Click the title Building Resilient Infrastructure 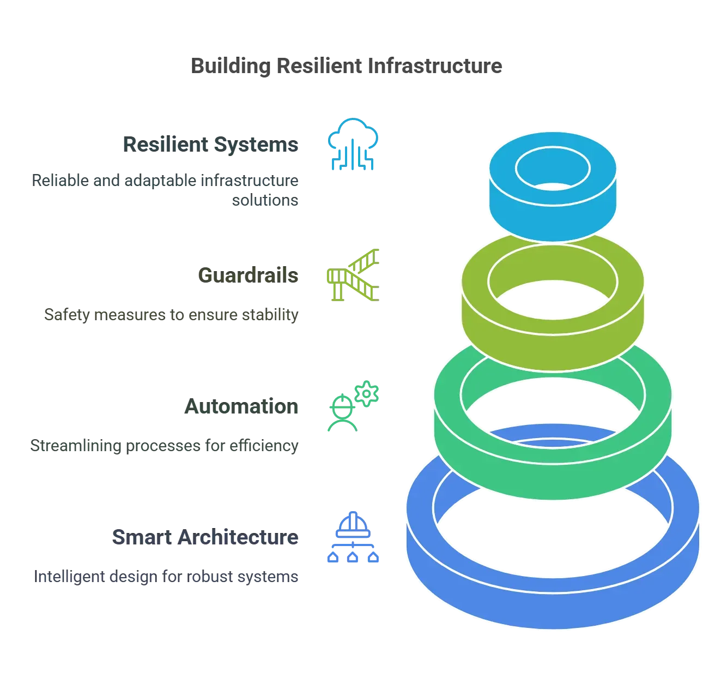click(x=349, y=67)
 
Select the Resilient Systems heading click(x=211, y=145)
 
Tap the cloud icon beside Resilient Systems click(x=353, y=143)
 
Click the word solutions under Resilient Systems click(x=266, y=202)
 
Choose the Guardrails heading click(x=248, y=275)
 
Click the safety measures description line click(x=172, y=315)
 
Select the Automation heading click(x=242, y=407)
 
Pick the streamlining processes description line click(x=165, y=446)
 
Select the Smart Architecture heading click(x=204, y=538)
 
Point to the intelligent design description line click(x=167, y=577)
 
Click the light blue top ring click(x=553, y=213)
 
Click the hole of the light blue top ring click(x=553, y=167)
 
